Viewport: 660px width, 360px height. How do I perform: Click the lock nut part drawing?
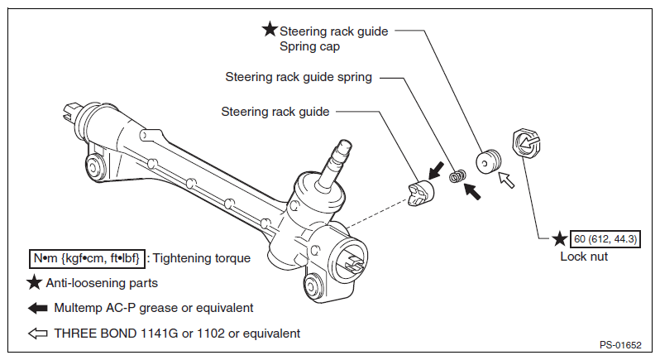coord(527,143)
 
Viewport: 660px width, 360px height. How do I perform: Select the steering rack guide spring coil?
coord(457,176)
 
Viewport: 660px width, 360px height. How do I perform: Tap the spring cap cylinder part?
coord(488,161)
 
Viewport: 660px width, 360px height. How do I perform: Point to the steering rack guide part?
coord(420,193)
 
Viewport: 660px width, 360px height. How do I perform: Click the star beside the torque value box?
coord(560,238)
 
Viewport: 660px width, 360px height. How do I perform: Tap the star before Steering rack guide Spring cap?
coord(270,30)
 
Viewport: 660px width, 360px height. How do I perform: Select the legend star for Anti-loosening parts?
coord(34,282)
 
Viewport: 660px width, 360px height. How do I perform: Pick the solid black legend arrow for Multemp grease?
coord(38,308)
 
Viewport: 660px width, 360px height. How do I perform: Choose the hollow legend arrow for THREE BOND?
coord(38,334)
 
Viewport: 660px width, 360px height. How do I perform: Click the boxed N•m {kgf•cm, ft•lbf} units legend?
coord(87,258)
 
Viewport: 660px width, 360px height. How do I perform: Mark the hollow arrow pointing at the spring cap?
coord(506,180)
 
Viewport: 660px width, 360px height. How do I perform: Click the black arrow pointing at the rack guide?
coord(436,170)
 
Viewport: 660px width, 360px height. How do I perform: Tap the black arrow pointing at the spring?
coord(472,190)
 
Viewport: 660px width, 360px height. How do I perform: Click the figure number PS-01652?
coord(620,345)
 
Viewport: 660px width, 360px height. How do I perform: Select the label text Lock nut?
coord(584,257)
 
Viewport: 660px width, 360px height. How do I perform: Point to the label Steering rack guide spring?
coord(299,77)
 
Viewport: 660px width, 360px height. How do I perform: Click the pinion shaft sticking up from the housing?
coord(335,165)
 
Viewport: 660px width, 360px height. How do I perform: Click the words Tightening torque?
coord(201,258)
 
